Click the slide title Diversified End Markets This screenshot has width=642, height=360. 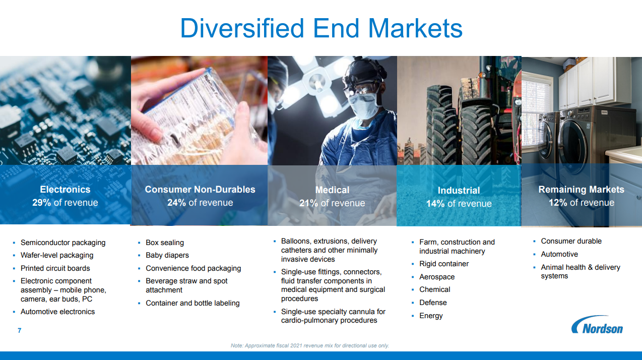click(x=322, y=28)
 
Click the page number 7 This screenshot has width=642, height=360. click(x=20, y=330)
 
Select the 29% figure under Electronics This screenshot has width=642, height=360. click(x=41, y=203)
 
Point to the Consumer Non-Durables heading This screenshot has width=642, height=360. click(x=200, y=189)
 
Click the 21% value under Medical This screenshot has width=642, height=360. click(x=308, y=203)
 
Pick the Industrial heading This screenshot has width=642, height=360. click(x=459, y=190)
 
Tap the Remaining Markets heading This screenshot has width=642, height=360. click(x=581, y=189)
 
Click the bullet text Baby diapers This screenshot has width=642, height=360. click(x=167, y=255)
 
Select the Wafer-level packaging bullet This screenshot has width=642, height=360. click(x=57, y=255)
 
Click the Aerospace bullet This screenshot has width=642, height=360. click(x=437, y=277)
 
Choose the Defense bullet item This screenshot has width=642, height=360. click(x=433, y=303)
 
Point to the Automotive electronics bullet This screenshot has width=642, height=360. click(x=57, y=312)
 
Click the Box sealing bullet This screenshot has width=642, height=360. click(x=165, y=243)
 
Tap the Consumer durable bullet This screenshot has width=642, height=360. click(x=571, y=241)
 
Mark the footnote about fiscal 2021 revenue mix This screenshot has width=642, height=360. click(x=310, y=345)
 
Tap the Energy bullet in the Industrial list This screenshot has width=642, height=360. click(x=431, y=316)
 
